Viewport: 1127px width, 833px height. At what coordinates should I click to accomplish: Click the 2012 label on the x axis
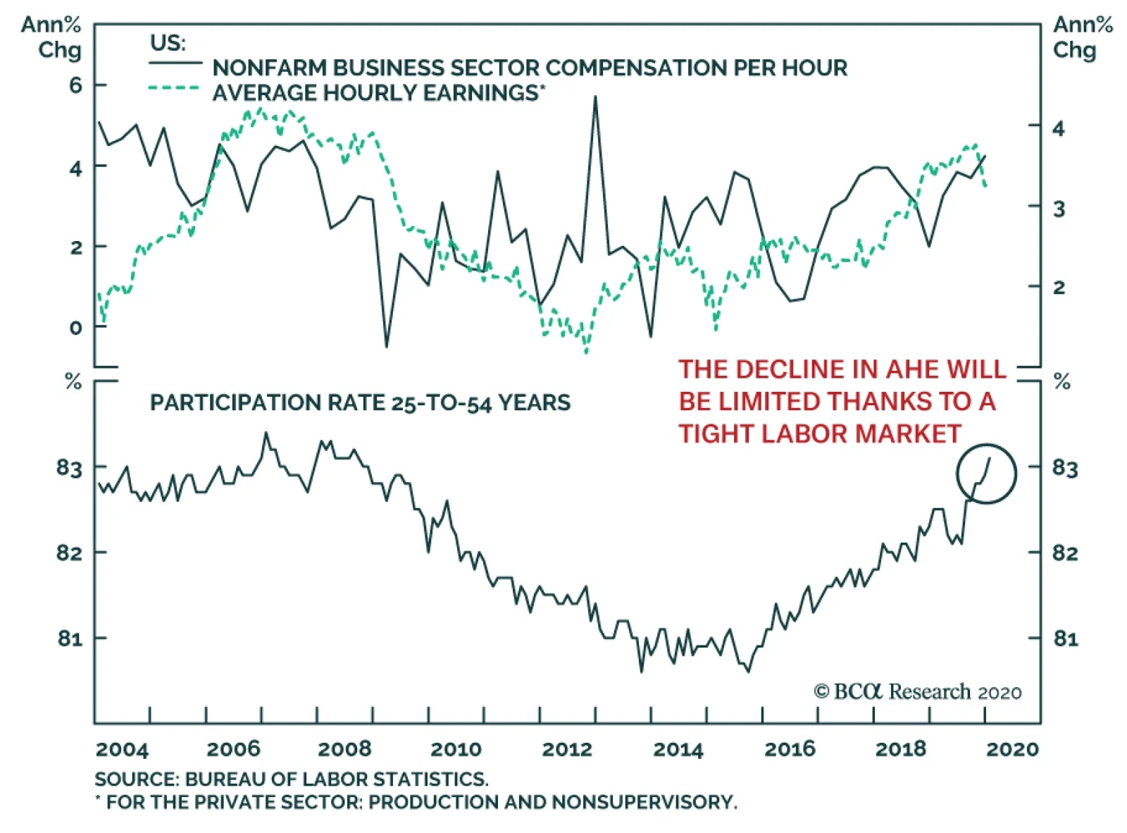566,748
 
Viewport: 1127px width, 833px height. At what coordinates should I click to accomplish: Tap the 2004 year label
122,748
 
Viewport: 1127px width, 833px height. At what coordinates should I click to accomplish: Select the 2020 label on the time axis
1011,748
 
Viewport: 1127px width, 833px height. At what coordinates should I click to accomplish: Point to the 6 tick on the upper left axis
75,85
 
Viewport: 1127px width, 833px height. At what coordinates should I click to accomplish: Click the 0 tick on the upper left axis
75,328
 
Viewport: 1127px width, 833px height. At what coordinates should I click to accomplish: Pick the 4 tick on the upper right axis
1058,128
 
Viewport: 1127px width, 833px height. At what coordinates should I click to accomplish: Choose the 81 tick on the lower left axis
70,638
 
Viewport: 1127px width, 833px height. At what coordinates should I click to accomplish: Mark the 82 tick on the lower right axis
1065,553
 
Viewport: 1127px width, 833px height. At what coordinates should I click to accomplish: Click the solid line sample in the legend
175,63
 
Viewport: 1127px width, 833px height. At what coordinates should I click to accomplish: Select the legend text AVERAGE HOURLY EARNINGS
375,93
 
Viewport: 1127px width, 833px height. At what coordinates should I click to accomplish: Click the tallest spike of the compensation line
595,97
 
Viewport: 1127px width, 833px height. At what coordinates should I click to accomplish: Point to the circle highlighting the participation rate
986,474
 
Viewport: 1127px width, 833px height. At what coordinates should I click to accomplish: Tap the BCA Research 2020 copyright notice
917,691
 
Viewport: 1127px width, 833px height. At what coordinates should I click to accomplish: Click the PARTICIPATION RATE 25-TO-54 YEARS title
360,402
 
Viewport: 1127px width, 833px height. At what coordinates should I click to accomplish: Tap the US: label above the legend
168,43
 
